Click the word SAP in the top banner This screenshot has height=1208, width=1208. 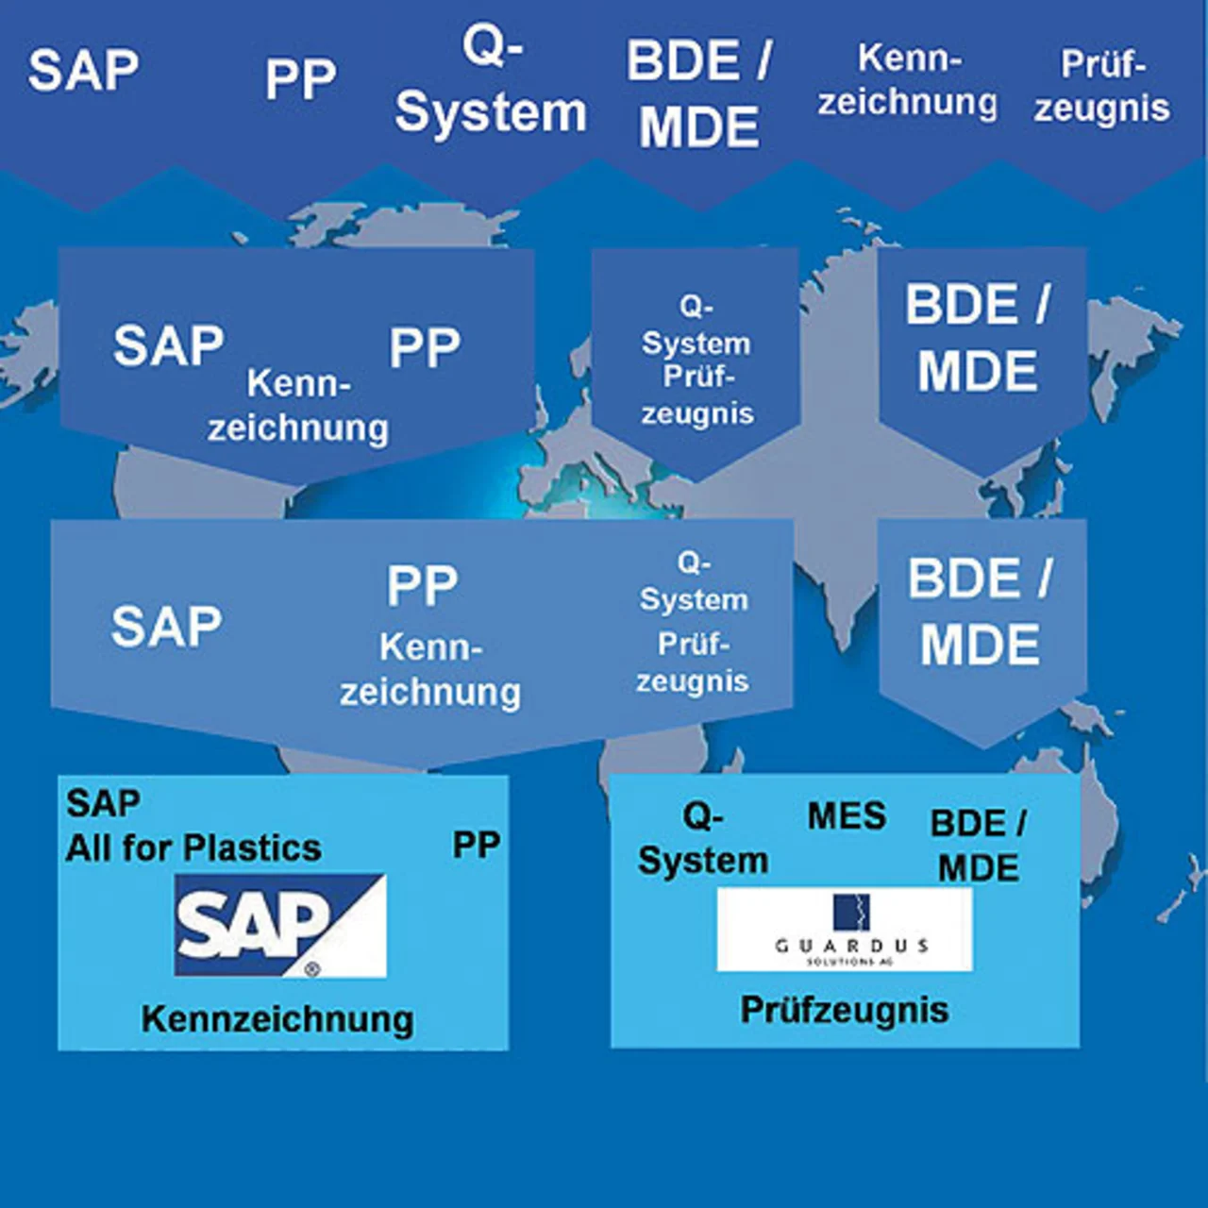[83, 71]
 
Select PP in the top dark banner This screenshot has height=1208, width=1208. [300, 79]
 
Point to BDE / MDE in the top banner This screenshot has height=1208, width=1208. [699, 93]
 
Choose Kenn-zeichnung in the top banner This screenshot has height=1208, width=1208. [907, 81]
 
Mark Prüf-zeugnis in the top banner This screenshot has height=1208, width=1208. [1101, 86]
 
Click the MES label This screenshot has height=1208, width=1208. [847, 816]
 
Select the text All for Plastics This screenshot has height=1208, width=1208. [193, 848]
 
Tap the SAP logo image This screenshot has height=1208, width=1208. [280, 925]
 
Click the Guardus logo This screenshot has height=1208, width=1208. [845, 930]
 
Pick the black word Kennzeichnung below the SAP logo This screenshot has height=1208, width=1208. [277, 1019]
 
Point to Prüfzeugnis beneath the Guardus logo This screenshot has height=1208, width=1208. [845, 1010]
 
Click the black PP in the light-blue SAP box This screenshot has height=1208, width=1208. [477, 845]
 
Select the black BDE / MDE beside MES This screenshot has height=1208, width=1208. [979, 846]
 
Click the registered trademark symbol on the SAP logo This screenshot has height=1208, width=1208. [312, 968]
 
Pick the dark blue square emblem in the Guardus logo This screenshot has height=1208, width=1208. [851, 912]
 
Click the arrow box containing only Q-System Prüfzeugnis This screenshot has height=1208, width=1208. [696, 359]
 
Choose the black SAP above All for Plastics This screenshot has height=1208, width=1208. [103, 804]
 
